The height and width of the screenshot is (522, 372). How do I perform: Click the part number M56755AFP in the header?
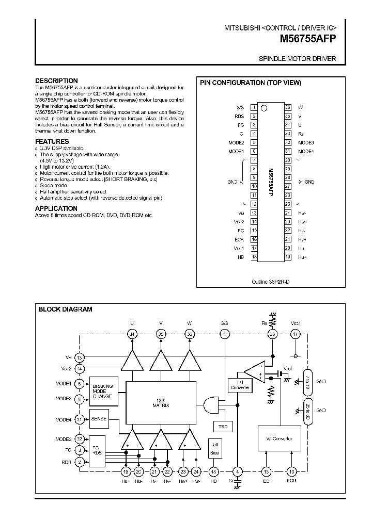coord(308,38)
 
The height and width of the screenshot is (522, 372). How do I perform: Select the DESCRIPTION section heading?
coord(56,81)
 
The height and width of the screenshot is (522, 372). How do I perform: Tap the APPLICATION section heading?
coord(56,208)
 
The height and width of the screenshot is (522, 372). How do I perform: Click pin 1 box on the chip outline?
coord(254,107)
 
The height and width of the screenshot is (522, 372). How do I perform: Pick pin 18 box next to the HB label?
coord(254,256)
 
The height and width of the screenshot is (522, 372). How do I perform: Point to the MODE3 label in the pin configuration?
coord(306,142)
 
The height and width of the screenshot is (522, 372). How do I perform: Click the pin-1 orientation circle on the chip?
coord(264,108)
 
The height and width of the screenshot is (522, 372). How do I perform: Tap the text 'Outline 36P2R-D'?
coord(271,282)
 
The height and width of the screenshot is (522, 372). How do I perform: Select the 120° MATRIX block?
coord(161,402)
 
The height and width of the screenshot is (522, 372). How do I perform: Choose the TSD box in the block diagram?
coord(223,426)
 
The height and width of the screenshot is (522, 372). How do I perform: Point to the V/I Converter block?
coord(278,438)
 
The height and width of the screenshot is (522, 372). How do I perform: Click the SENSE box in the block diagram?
coord(99,419)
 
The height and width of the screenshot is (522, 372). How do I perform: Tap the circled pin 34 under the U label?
coord(132,334)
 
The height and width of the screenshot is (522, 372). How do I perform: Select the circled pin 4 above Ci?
coord(237,471)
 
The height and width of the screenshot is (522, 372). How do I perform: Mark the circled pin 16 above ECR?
coord(291,471)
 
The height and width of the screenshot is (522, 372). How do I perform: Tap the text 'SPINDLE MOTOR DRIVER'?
coord(297,59)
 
